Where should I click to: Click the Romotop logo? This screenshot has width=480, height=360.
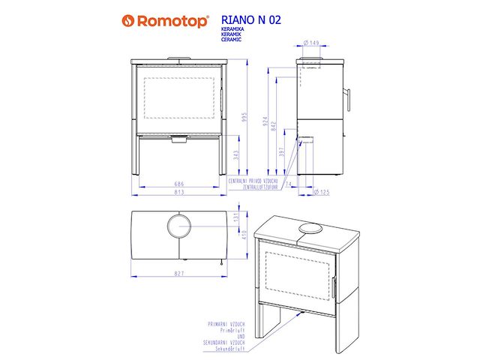coord(166,21)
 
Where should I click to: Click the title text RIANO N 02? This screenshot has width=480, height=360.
coord(252,20)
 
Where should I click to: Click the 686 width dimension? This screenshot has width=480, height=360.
coord(178,183)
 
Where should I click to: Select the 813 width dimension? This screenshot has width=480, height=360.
coord(178,193)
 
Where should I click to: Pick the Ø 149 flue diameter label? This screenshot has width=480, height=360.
coord(312,43)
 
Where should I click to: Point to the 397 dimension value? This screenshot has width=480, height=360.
coord(281,152)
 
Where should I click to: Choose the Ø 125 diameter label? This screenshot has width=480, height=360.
coord(320,193)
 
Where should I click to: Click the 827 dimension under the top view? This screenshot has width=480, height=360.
coord(178,274)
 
